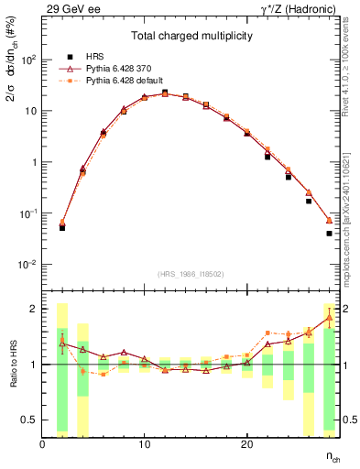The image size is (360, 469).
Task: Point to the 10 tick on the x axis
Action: click(x=145, y=444)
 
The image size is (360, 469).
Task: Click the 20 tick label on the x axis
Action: click(x=246, y=444)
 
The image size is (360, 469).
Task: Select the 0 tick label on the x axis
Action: click(x=43, y=444)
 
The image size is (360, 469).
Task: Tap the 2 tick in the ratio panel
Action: click(x=34, y=309)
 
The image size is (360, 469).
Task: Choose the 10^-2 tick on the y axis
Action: click(x=27, y=265)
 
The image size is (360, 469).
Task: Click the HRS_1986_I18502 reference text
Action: click(x=191, y=274)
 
